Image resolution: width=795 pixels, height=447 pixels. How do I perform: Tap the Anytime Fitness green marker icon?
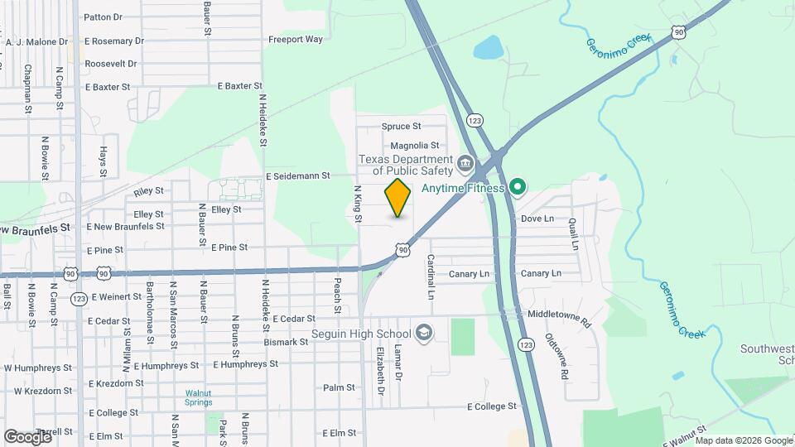pos(518,188)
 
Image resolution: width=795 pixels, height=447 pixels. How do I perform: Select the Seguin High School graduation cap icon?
pos(424,333)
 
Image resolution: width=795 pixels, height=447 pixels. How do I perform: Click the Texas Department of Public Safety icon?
pos(465,162)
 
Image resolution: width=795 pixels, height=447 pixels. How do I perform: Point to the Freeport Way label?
pos(296,39)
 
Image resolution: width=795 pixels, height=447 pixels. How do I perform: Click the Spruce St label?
pos(402,127)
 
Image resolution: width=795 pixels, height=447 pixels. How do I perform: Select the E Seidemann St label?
pos(298,176)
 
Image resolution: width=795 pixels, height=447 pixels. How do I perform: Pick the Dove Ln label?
pos(537,219)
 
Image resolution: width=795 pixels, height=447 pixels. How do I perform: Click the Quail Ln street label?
pos(572,234)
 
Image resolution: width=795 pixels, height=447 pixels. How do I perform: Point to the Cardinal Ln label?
pos(431,276)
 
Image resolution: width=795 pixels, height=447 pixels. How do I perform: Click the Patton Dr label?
pos(104,17)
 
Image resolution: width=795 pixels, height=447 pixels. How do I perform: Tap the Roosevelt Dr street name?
pos(110,63)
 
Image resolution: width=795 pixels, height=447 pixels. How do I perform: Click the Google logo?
pos(27,436)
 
